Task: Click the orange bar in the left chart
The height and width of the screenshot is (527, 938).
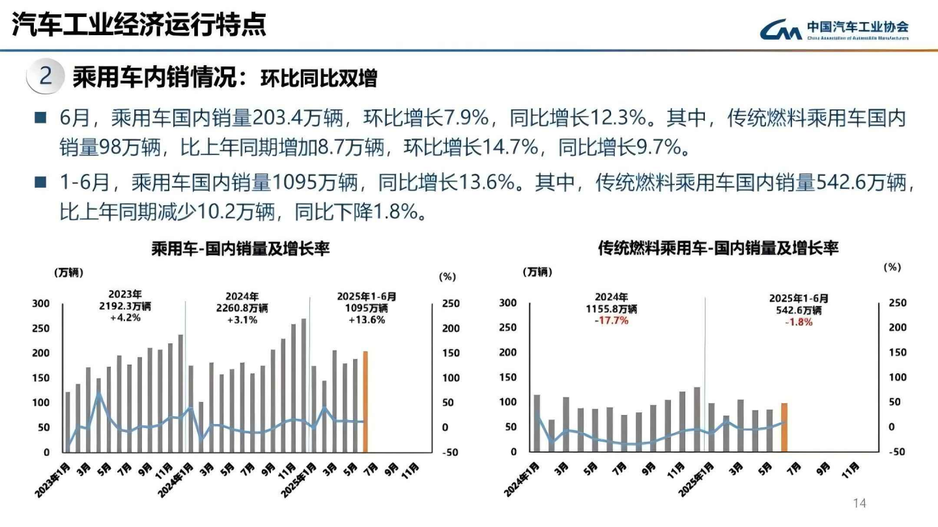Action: point(365,401)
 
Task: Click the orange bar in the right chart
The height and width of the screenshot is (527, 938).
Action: point(784,427)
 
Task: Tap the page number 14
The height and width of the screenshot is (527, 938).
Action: point(860,503)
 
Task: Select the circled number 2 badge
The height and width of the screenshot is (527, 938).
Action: point(45,77)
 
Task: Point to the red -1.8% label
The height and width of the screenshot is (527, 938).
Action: point(799,322)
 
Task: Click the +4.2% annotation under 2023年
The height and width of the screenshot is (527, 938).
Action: point(125,319)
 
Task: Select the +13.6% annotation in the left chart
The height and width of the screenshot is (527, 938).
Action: point(367,320)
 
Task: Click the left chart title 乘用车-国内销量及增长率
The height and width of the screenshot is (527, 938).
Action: point(240,249)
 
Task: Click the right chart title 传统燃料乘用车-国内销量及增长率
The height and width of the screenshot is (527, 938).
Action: point(718,248)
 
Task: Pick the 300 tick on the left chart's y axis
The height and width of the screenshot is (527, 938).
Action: point(42,304)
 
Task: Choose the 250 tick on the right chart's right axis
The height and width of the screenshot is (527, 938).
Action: point(897,303)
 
